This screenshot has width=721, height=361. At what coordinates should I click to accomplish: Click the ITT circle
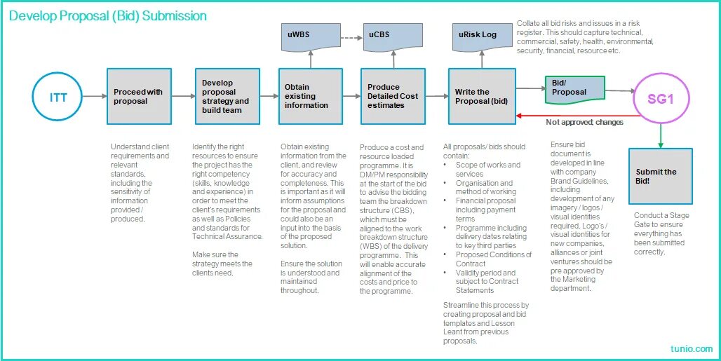click(58, 97)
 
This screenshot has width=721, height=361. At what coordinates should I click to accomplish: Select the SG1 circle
click(661, 99)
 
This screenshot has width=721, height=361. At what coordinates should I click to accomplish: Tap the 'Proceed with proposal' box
click(138, 97)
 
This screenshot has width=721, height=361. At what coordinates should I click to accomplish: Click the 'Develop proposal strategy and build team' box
click(227, 97)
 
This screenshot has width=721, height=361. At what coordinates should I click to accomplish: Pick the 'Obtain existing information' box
click(310, 97)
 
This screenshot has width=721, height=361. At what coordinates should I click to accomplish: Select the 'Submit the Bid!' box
click(660, 176)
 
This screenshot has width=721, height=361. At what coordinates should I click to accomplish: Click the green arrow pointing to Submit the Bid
click(660, 135)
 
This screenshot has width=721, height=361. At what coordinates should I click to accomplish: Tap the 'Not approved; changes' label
click(584, 123)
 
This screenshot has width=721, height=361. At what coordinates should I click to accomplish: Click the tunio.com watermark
click(691, 348)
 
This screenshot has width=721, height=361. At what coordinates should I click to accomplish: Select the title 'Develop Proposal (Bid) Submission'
click(108, 15)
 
